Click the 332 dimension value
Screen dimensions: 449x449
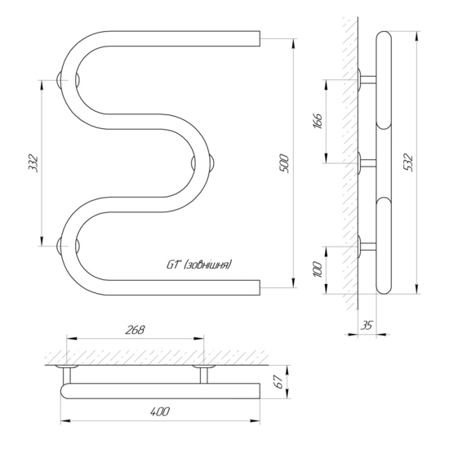[33, 163]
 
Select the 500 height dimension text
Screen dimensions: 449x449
[284, 163]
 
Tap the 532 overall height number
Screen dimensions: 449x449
[407, 162]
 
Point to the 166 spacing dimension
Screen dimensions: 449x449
[318, 121]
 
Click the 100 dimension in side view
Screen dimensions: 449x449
[318, 269]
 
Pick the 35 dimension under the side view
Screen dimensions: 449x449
[367, 326]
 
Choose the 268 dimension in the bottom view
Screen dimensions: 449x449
[136, 330]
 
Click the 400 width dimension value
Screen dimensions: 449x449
[160, 411]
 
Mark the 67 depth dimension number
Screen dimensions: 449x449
[278, 382]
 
